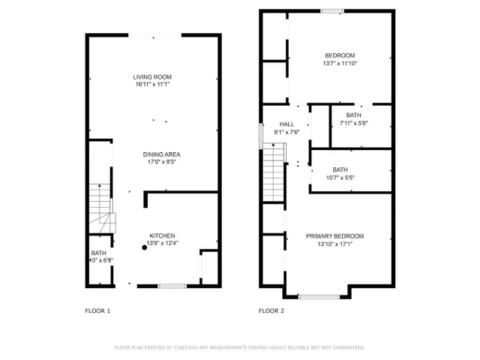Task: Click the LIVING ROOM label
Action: click(153, 77)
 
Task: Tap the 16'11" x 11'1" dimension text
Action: click(153, 85)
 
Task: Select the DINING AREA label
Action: click(162, 154)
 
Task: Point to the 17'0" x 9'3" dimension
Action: click(162, 163)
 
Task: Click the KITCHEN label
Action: click(162, 235)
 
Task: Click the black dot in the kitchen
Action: click(145, 247)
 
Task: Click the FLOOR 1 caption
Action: click(97, 310)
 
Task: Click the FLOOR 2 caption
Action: click(271, 310)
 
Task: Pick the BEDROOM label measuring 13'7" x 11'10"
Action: click(339, 55)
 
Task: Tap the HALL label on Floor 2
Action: click(286, 124)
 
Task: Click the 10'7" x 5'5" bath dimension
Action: click(340, 178)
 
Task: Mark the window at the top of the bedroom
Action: click(332, 10)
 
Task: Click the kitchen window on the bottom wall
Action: click(172, 285)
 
